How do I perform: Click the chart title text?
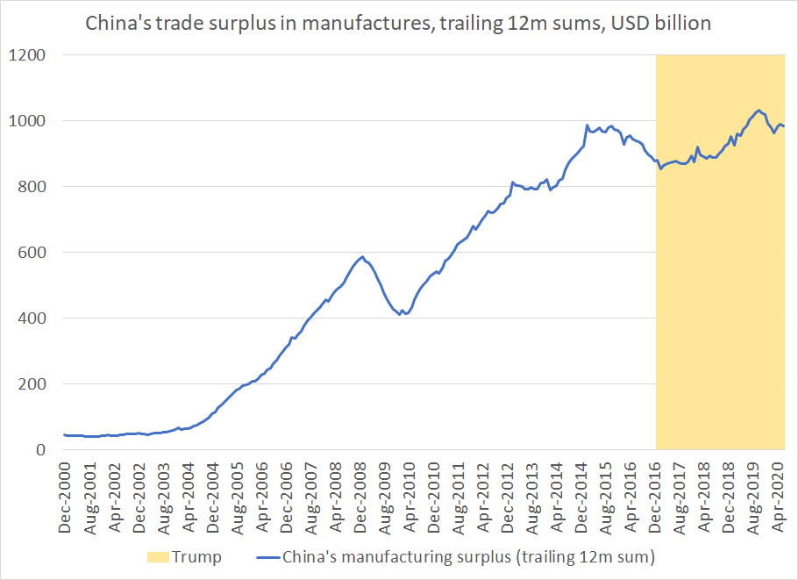pyautogui.click(x=397, y=24)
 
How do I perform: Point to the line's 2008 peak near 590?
pyautogui.click(x=361, y=257)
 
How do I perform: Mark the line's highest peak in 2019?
pyautogui.click(x=758, y=110)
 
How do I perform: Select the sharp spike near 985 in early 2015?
pyautogui.click(x=586, y=125)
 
